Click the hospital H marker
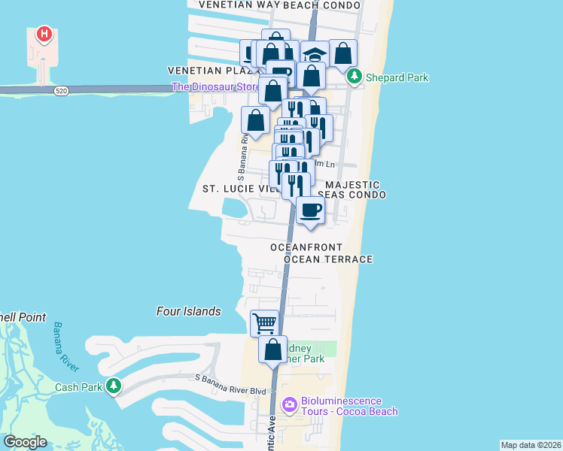pyautogui.click(x=45, y=35)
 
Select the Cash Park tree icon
pyautogui.click(x=114, y=386)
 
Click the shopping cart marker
pyautogui.click(x=264, y=323)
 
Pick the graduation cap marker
pyautogui.click(x=315, y=54)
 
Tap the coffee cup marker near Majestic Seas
pyautogui.click(x=309, y=210)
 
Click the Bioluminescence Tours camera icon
pyautogui.click(x=289, y=406)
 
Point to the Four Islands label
pyautogui.click(x=189, y=311)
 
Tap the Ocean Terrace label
pyautogui.click(x=329, y=259)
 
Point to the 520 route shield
pyautogui.click(x=62, y=90)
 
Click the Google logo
pyautogui.click(x=25, y=442)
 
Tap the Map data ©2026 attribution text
pyautogui.click(x=531, y=445)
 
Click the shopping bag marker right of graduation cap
pyautogui.click(x=342, y=53)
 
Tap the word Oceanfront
pyautogui.click(x=306, y=247)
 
